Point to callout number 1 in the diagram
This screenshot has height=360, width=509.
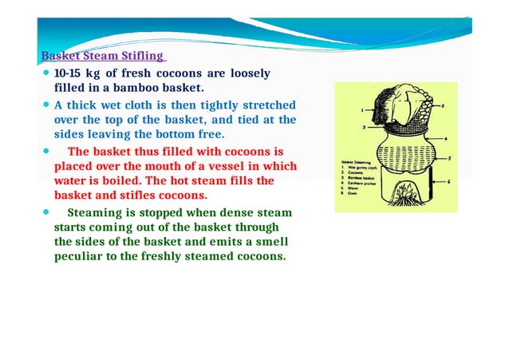tap(362, 109)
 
